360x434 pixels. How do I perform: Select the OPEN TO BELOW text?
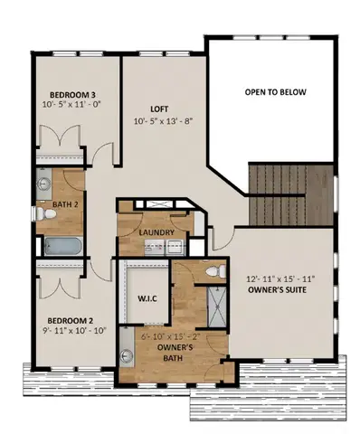[x=276, y=92]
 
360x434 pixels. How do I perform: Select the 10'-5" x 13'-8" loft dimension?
[x=164, y=120]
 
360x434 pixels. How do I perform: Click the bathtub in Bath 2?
[x=60, y=245]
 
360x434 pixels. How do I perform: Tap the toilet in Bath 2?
[x=43, y=214]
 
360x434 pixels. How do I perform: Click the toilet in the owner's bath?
[x=213, y=271]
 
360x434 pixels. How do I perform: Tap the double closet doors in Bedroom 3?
[x=60, y=145]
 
